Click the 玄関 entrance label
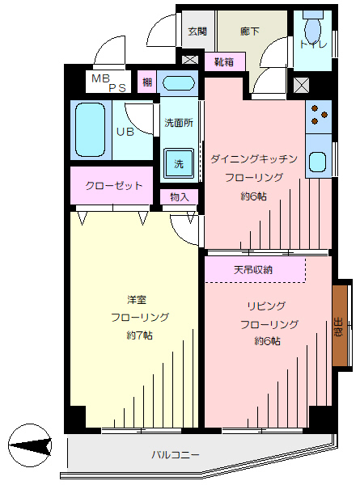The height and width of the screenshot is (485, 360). pyautogui.click(x=197, y=32)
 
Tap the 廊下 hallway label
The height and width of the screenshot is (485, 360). pyautogui.click(x=249, y=32)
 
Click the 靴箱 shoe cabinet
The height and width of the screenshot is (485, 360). pyautogui.click(x=225, y=62)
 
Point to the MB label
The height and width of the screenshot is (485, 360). pyautogui.click(x=101, y=78)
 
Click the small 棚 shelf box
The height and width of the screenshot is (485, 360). pyautogui.click(x=147, y=82)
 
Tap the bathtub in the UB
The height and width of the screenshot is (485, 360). pyautogui.click(x=90, y=130)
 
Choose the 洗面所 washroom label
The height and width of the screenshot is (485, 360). pyautogui.click(x=179, y=123)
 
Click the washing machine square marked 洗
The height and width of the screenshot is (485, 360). pyautogui.click(x=179, y=163)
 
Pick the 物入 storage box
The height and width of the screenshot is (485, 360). pyautogui.click(x=180, y=196)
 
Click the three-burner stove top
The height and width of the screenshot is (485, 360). pyautogui.click(x=319, y=116)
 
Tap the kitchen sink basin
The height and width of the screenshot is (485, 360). pyautogui.click(x=318, y=162)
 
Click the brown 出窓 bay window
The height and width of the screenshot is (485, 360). pyautogui.click(x=340, y=326)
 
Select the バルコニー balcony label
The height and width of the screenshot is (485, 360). pyautogui.click(x=176, y=454)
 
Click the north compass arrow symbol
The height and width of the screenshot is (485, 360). pyautogui.click(x=30, y=445)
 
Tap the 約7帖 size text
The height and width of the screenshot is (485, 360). pyautogui.click(x=140, y=335)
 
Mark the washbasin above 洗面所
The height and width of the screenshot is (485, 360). pyautogui.click(x=179, y=83)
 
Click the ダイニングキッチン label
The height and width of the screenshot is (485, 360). pyautogui.click(x=254, y=159)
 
